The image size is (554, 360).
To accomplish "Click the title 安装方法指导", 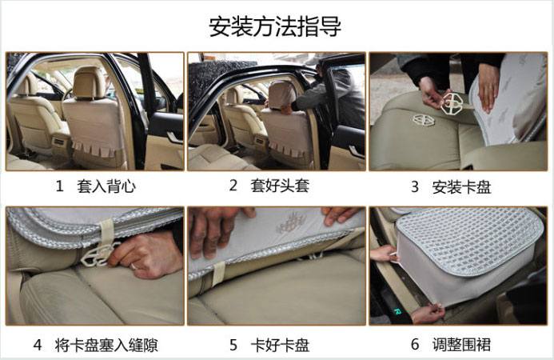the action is point(275,26).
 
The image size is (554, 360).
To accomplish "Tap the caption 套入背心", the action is point(106,186).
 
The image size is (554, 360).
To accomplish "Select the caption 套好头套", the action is point(280,186).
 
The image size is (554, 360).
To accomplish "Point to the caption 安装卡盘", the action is point(461,186).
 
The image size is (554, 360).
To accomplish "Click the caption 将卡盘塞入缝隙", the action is point(106,345).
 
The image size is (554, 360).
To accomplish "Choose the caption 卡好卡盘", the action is point(280,345).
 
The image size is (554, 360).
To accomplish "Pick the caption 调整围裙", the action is point(461,344).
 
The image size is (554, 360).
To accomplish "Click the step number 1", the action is point(60,186).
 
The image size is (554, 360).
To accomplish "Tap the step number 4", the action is point(38,345).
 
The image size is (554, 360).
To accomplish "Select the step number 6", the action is point(415,344).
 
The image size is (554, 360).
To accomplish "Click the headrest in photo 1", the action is point(89,82).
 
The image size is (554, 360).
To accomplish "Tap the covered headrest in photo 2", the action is point(282,94).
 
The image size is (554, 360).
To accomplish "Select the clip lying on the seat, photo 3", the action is point(424,120).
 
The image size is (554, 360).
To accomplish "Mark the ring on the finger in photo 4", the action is point(134,266).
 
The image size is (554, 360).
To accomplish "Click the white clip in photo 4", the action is point(96,255).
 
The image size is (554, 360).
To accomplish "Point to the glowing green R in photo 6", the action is point(397,311).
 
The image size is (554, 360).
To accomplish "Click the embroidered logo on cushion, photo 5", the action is point(291,222).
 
